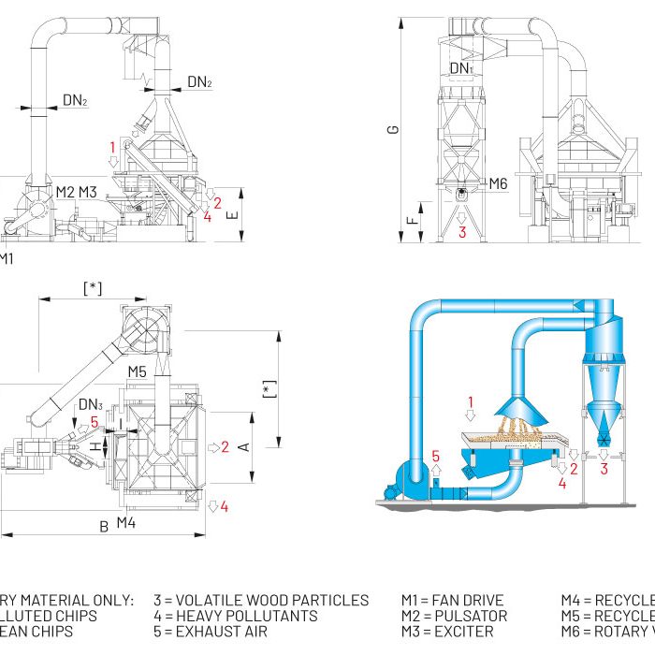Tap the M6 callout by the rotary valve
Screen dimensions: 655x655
click(x=498, y=184)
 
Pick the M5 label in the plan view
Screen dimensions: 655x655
click(x=138, y=371)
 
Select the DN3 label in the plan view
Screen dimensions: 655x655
click(x=91, y=404)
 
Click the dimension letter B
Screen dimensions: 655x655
click(x=104, y=526)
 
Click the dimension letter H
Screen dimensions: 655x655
click(x=94, y=448)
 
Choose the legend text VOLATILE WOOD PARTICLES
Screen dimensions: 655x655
click(x=261, y=601)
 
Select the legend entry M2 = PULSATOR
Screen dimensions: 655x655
click(x=454, y=616)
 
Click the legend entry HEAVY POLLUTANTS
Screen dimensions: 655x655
click(x=235, y=616)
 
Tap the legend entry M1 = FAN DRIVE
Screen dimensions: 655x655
click(x=453, y=601)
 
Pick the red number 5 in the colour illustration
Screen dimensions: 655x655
click(x=435, y=456)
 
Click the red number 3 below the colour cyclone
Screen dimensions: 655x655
click(x=604, y=469)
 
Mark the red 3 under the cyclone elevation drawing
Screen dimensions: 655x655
click(x=462, y=232)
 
